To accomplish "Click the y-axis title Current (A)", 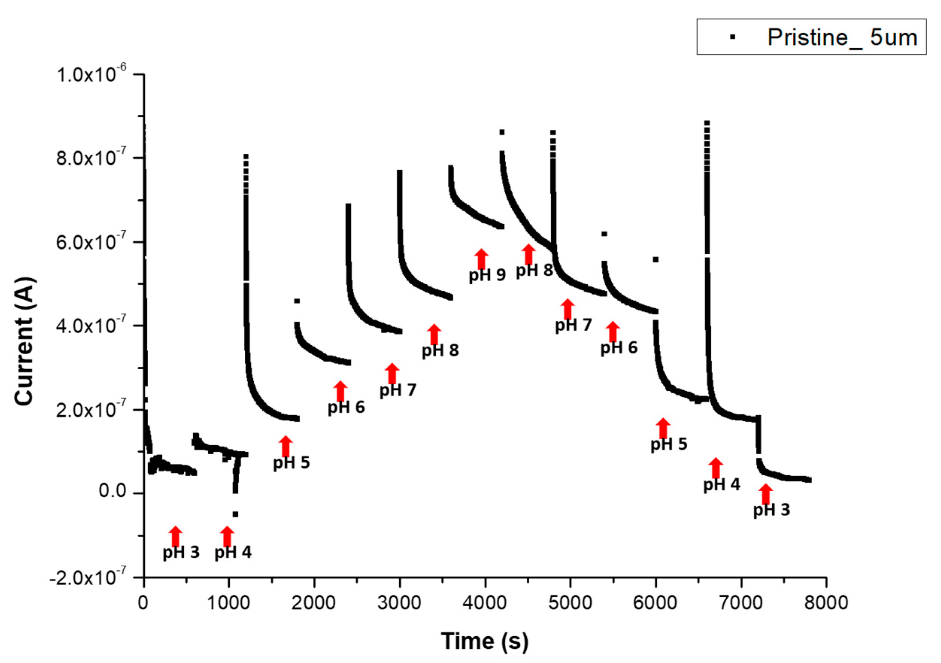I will coord(24,342).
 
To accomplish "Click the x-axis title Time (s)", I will coord(485,641).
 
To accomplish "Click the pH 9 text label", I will coord(487,275).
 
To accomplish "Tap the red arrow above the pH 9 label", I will coord(482,258).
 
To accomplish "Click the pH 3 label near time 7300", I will coord(771,510).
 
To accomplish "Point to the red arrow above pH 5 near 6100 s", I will coord(663,428).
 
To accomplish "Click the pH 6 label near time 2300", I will coord(346,407).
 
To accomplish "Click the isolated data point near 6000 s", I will coord(655,259).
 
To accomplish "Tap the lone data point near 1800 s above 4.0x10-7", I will coord(297,301).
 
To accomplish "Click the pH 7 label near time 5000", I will coord(573,325).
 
